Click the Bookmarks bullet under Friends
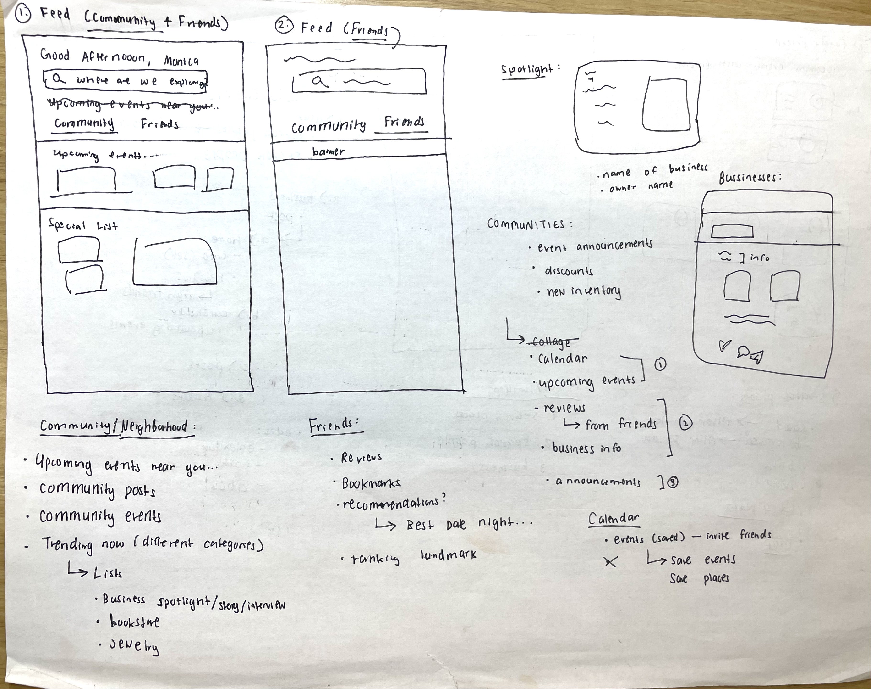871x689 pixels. [371, 483]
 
